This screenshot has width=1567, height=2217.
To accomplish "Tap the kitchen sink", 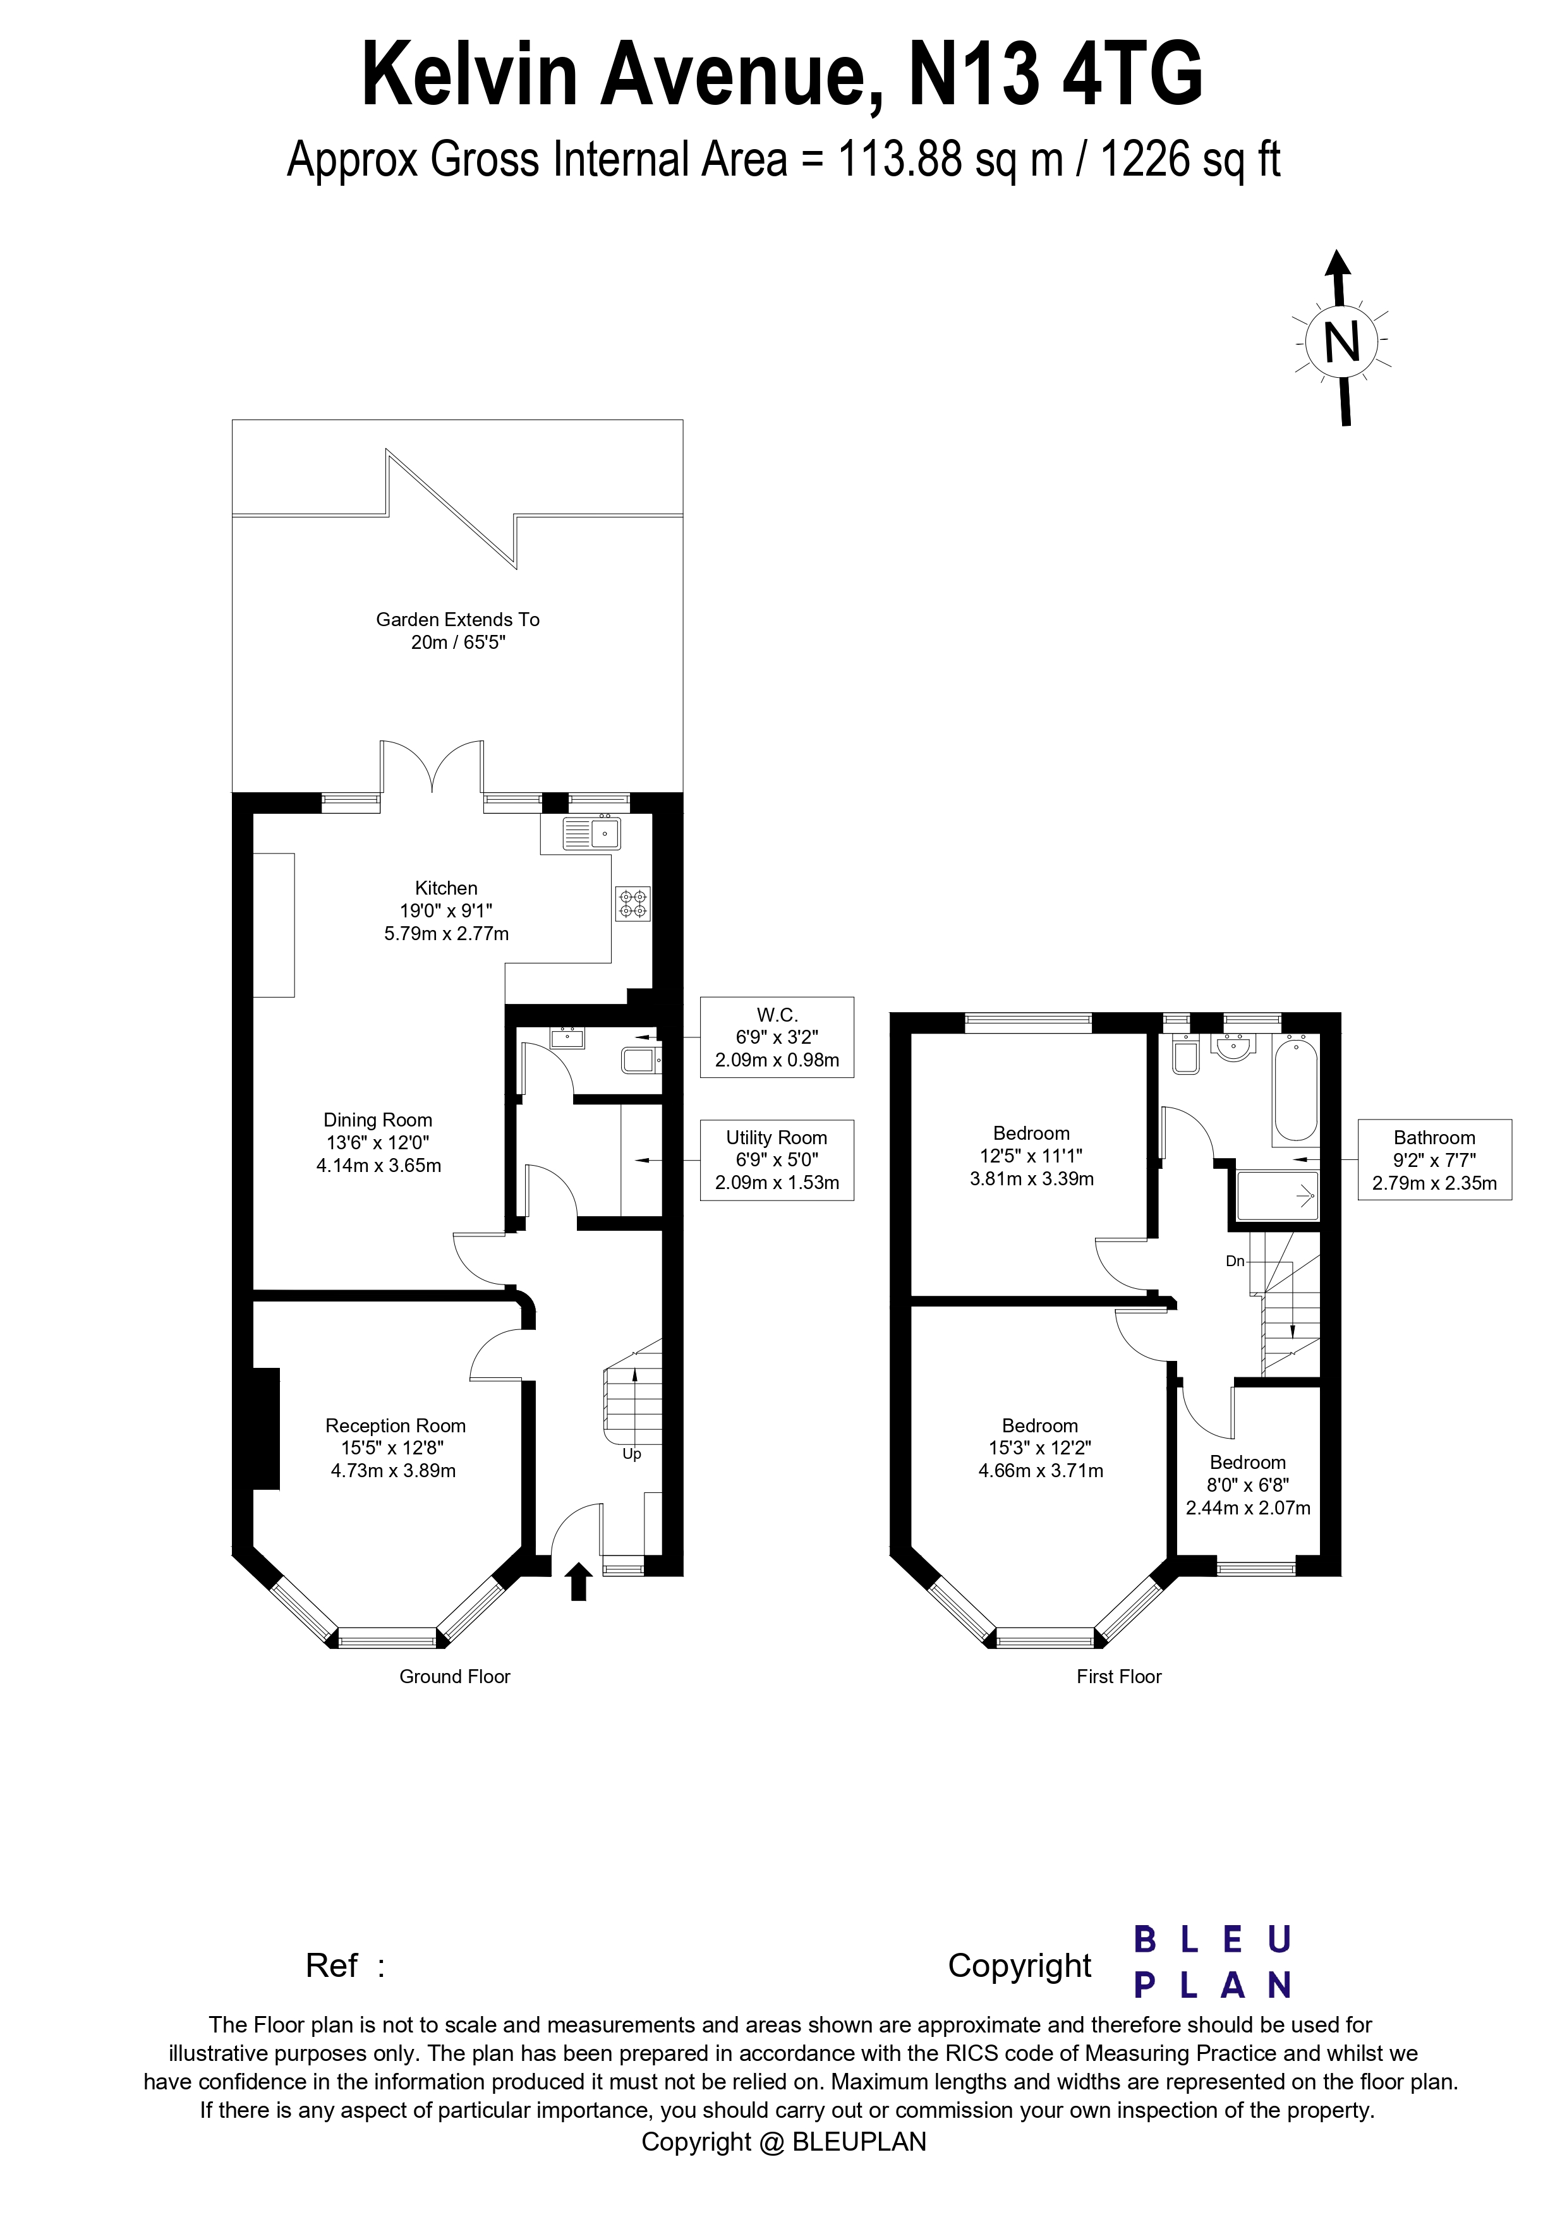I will click(x=592, y=832).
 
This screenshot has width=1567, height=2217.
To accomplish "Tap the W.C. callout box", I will click(x=777, y=1037).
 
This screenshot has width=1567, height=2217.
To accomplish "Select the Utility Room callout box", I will click(x=777, y=1160).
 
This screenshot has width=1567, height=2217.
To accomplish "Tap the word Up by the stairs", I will click(x=631, y=1453).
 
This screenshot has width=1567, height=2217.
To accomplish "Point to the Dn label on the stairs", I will click(x=1235, y=1261).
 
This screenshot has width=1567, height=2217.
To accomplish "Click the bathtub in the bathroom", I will click(x=1295, y=1089).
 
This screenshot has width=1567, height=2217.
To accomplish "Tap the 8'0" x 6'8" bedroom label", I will click(x=1247, y=1485).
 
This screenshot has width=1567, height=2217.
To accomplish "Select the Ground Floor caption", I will click(x=455, y=1677).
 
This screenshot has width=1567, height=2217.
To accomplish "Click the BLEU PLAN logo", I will click(x=1212, y=1963).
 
